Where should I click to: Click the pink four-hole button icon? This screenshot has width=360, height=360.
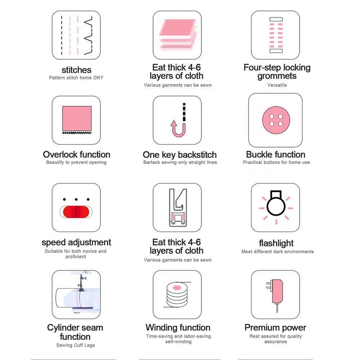[276, 120]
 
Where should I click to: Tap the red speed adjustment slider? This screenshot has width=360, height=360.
[76, 212]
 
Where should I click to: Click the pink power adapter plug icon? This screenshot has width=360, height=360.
[275, 296]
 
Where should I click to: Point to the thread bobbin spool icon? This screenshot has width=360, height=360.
[177, 295]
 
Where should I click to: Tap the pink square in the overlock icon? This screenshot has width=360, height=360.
[77, 118]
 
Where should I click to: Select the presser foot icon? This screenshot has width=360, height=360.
[178, 208]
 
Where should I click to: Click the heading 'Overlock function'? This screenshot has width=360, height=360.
[76, 154]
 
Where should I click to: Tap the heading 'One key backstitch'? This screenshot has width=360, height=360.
[180, 155]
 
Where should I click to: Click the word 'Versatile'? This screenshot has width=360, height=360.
[277, 85]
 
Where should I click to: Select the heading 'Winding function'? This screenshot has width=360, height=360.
[178, 327]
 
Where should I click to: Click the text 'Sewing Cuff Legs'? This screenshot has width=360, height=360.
[76, 345]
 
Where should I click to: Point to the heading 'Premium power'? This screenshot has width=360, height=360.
[275, 328]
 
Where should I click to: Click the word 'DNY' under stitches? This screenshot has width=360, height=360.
[98, 78]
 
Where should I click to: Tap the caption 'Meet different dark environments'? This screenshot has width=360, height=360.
[278, 251]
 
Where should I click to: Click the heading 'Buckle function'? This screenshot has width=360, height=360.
[275, 154]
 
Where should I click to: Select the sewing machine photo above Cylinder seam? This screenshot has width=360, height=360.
[76, 294]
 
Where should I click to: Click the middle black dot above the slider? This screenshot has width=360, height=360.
[76, 199]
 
